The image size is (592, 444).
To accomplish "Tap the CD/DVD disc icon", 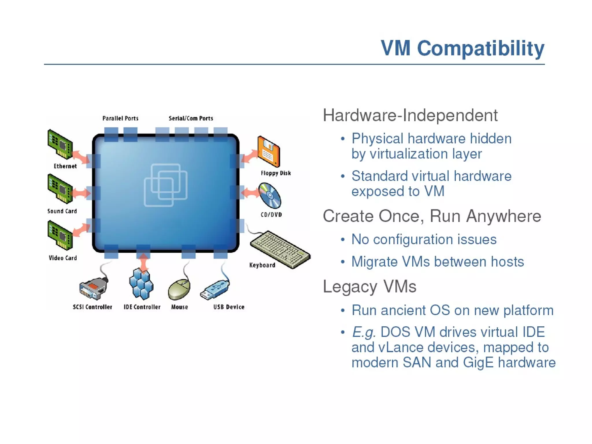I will [270, 196].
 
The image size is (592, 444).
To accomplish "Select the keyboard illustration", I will [280, 249].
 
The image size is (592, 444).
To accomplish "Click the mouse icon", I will [179, 289].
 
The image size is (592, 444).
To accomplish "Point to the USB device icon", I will [215, 290].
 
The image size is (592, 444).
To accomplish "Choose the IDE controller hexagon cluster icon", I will [141, 284].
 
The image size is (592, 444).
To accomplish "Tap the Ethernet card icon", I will [60, 144].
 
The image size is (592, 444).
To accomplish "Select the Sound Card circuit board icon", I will [60, 189].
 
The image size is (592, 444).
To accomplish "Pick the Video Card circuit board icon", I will [60, 235].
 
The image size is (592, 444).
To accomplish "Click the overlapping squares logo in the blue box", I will [166, 185].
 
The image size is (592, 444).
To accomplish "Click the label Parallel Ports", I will [120, 118].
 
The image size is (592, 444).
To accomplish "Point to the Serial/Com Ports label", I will [191, 118].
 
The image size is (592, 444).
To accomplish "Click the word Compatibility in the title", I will [480, 48].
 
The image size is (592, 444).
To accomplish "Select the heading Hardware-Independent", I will [410, 115].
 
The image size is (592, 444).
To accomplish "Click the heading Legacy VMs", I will [369, 286].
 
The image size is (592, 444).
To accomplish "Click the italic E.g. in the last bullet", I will [364, 332].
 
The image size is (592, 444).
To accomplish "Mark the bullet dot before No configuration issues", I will [343, 240].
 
